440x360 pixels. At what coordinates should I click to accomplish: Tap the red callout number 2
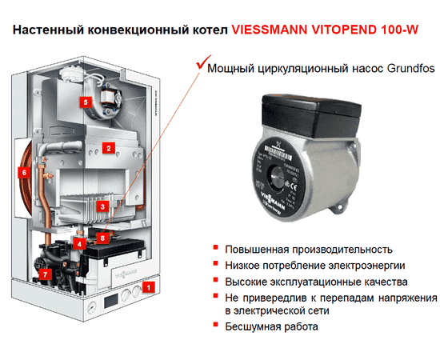point(106,146)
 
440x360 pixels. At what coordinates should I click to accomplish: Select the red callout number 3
point(102,206)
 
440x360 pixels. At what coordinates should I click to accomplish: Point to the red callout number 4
point(79,242)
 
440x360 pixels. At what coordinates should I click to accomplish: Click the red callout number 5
point(86,102)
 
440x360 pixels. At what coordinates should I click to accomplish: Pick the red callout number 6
point(25,171)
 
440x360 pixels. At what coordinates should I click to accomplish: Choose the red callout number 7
point(45,274)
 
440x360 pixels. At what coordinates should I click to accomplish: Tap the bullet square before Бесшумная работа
point(216,326)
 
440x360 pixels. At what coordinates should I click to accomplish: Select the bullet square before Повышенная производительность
point(216,249)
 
